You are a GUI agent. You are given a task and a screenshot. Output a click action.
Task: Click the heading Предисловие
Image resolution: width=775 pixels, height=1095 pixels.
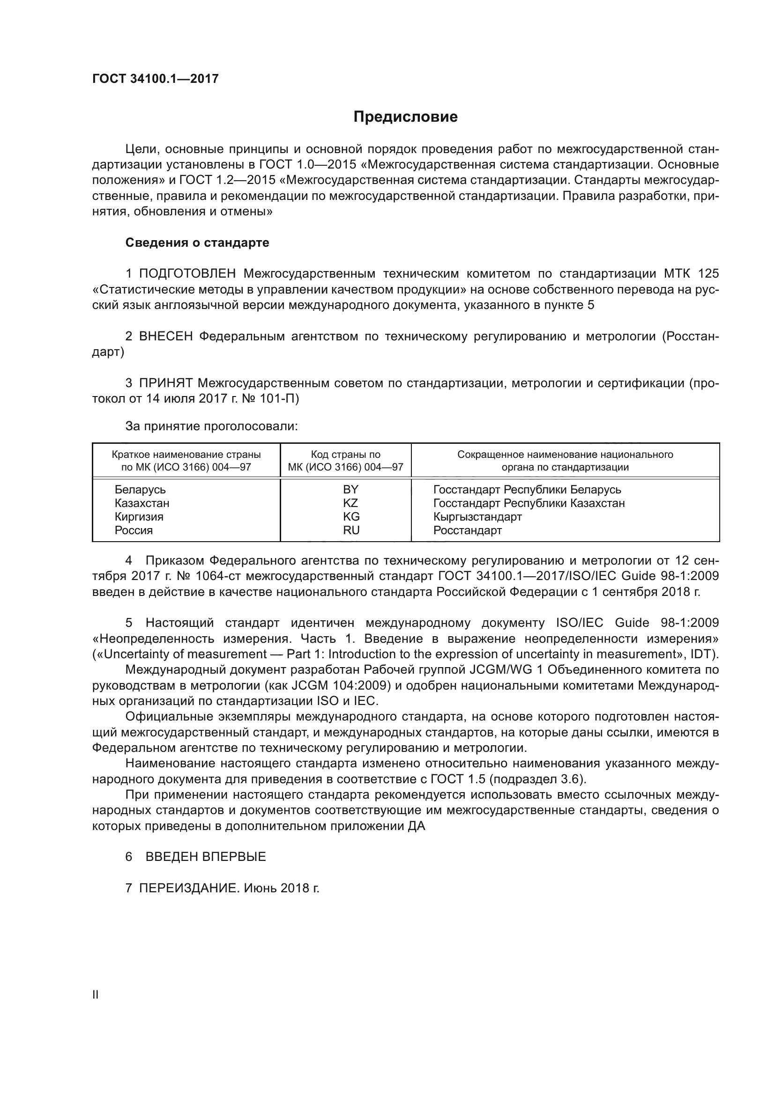click(405, 117)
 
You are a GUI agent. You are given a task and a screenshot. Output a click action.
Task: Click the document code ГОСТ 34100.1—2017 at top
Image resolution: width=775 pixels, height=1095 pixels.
click(155, 79)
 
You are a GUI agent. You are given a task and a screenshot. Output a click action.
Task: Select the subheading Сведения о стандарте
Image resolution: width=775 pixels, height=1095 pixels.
click(197, 243)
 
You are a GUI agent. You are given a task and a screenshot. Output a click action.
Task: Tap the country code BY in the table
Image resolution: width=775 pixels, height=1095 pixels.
click(351, 489)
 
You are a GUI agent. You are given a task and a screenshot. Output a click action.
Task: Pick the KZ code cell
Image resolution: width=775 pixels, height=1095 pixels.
click(350, 503)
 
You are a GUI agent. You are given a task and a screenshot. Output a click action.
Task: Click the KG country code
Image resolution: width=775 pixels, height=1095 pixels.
click(351, 516)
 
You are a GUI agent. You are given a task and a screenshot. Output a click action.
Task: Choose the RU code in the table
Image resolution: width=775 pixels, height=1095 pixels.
click(351, 530)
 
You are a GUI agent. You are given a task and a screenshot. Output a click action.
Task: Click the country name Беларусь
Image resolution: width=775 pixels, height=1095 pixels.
click(140, 489)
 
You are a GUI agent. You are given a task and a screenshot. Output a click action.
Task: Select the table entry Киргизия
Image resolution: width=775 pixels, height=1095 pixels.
click(139, 516)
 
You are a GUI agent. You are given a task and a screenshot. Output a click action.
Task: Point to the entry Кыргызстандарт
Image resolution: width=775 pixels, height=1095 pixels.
click(477, 516)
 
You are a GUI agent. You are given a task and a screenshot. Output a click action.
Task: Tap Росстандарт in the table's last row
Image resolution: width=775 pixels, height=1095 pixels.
click(467, 530)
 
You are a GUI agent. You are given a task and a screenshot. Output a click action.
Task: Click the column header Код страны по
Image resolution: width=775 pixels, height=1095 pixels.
click(345, 455)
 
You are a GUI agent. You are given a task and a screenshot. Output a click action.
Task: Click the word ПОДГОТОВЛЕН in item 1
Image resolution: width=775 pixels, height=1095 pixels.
click(187, 274)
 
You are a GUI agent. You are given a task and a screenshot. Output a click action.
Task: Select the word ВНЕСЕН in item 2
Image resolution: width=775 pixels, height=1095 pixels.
click(166, 336)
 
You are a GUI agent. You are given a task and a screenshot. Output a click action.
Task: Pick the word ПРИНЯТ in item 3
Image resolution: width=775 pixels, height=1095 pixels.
click(165, 383)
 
